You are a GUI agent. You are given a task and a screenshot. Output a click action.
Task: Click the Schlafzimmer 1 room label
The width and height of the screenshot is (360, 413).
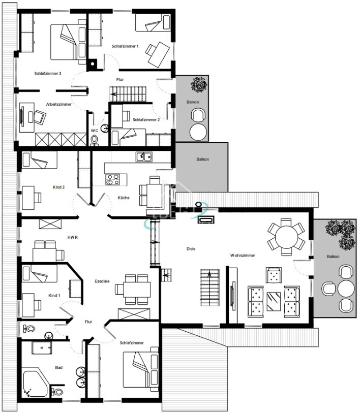125,46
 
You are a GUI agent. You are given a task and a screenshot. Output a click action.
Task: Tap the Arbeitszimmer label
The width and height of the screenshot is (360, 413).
59,104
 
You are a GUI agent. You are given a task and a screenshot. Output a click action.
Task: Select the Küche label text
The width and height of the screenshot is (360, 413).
124,198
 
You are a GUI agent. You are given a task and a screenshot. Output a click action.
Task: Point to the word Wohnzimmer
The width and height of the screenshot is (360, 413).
243,255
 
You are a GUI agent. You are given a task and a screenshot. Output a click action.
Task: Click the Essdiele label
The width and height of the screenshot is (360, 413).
102,281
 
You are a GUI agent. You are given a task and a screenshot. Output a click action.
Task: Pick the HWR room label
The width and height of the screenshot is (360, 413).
73,237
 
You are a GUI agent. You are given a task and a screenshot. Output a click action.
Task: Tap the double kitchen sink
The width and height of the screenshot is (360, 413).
144,157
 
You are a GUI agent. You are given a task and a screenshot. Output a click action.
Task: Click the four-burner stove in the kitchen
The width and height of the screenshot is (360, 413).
112,179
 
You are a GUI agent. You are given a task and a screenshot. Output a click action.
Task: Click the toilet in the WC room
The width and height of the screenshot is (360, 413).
94,140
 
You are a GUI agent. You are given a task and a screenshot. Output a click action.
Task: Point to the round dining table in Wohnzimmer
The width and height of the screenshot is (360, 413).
286,237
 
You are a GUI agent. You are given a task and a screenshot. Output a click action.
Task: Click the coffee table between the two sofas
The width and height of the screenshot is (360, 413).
274,301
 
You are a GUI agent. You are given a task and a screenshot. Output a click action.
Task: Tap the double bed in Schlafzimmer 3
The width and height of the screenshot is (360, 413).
68,42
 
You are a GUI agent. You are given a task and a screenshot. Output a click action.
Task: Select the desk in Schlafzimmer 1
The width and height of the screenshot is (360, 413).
159,54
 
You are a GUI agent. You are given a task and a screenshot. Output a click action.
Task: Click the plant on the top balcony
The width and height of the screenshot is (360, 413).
199,84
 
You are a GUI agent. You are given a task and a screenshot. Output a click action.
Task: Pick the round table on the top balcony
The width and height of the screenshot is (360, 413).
198,132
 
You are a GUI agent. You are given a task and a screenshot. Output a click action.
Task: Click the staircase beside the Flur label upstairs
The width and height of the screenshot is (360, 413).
128,94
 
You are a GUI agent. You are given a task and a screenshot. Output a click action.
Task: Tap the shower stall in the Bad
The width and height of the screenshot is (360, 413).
42,347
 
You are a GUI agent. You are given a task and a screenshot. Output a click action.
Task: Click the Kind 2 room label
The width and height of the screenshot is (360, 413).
58,187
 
